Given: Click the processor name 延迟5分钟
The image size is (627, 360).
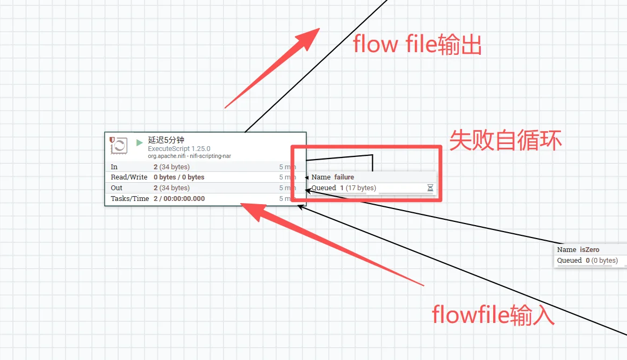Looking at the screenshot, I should (x=166, y=140).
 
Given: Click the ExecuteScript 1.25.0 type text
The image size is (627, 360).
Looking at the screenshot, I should (x=179, y=149).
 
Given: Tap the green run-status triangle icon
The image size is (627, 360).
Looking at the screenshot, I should (x=140, y=142).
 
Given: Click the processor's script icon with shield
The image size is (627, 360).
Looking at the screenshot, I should (x=118, y=145).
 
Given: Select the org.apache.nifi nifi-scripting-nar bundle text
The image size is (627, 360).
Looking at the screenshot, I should (x=189, y=156).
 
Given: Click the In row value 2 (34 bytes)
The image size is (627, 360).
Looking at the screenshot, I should (x=171, y=167).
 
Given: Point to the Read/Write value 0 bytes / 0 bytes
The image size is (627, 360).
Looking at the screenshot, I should (x=179, y=177).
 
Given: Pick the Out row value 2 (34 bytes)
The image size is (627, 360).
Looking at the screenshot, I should (x=171, y=188).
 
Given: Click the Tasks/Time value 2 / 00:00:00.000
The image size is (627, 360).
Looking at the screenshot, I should (x=179, y=199).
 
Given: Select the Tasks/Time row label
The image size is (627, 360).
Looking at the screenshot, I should (x=129, y=199).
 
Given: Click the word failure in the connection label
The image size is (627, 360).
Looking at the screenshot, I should (x=344, y=177).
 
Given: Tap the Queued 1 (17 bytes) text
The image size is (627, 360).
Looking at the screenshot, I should (x=344, y=188).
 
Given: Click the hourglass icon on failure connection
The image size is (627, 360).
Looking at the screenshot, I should (x=430, y=188).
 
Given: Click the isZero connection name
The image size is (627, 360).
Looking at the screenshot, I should (x=589, y=250).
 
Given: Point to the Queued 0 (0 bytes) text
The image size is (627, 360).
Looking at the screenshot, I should (x=587, y=261).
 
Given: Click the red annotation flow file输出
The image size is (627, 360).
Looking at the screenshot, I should (x=417, y=45).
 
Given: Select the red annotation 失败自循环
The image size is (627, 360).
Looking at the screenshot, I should (x=506, y=141).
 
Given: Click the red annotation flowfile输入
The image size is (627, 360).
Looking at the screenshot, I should (x=493, y=315).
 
